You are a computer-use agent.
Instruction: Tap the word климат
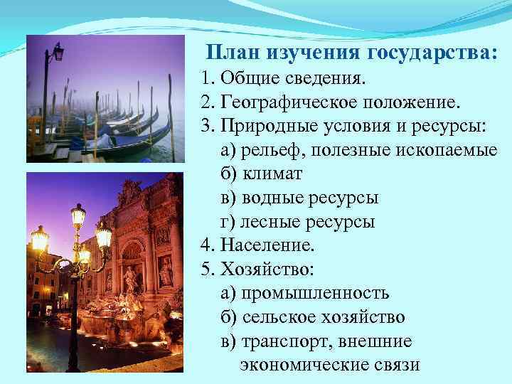point(273,174)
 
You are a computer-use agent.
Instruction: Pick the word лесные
point(270,222)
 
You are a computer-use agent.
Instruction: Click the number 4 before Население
point(206,246)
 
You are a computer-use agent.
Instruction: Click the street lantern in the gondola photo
point(58,51)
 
